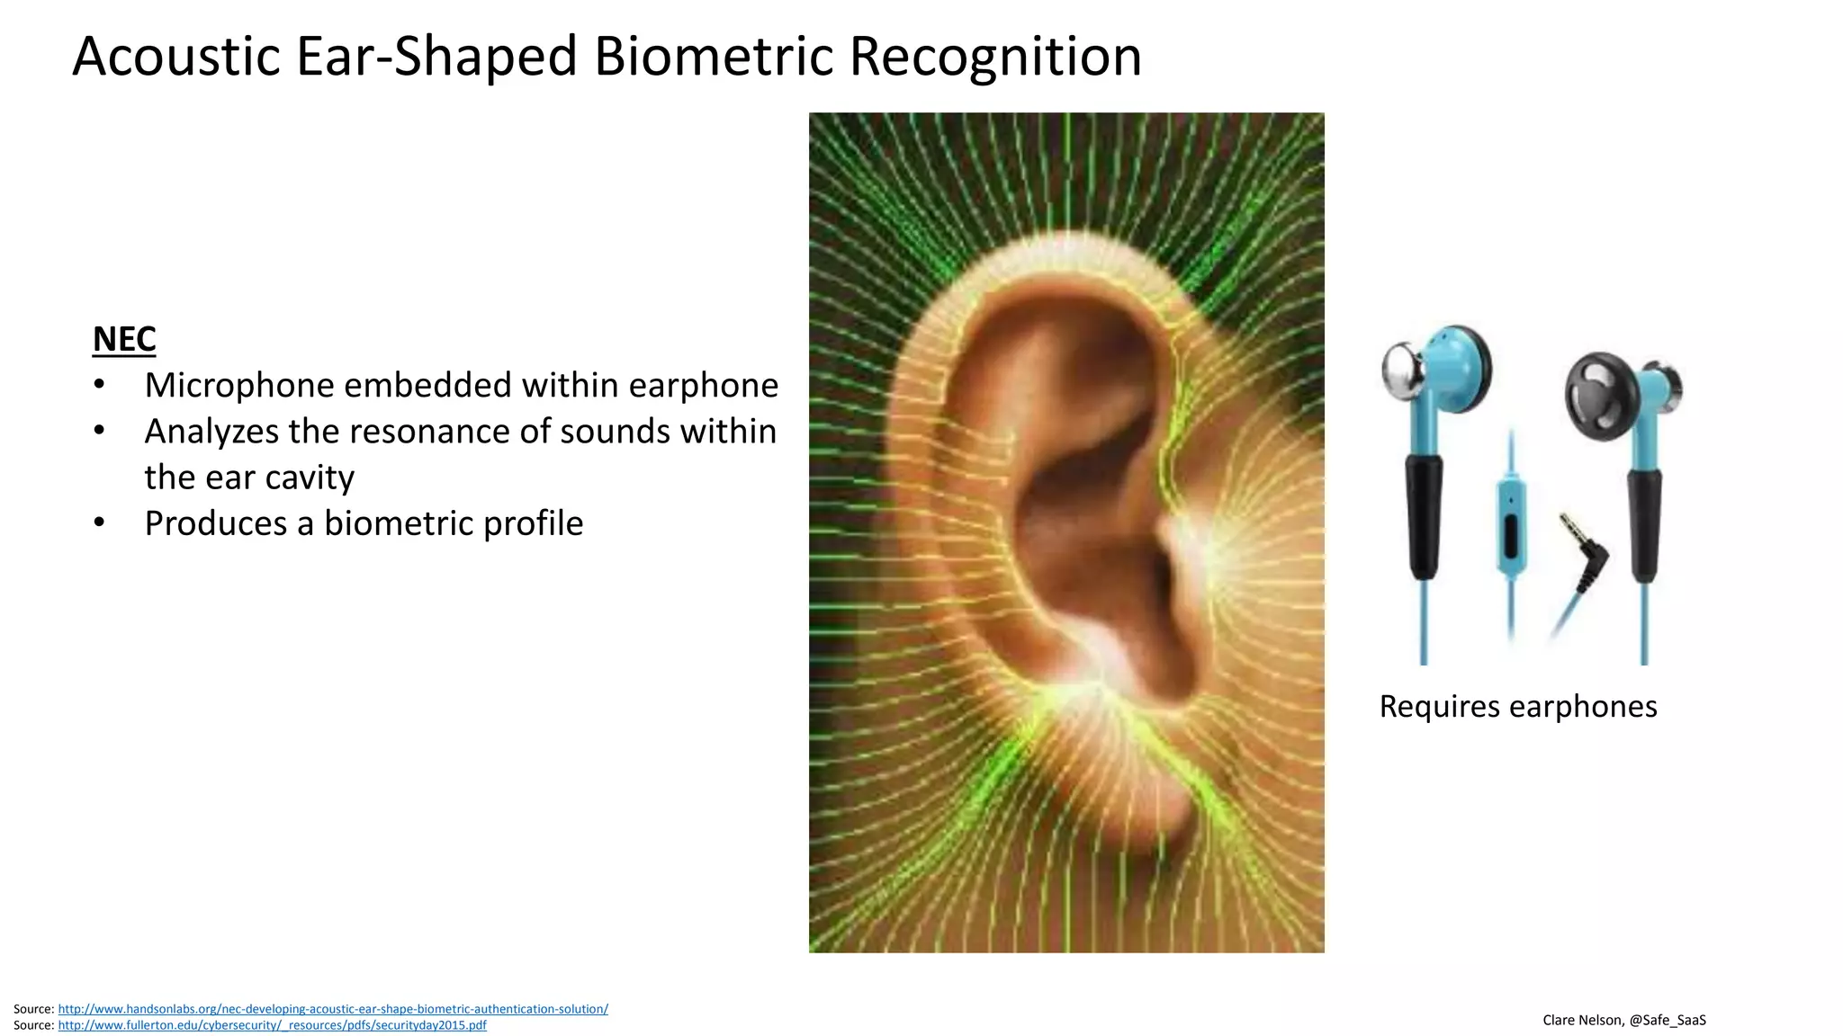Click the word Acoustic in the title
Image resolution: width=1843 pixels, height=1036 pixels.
point(176,57)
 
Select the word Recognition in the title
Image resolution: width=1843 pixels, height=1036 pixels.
point(995,57)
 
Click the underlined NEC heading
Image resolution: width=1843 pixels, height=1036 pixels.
point(124,339)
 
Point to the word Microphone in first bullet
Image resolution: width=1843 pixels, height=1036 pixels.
point(239,385)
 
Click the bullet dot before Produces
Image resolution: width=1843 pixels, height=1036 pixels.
point(99,522)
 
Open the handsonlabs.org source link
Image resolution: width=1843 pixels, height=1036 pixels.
point(333,1009)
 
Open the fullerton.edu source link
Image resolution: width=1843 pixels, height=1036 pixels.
point(272,1025)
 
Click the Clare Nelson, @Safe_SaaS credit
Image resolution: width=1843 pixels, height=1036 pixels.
point(1623,1020)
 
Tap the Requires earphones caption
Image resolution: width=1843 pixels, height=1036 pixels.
point(1517,706)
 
